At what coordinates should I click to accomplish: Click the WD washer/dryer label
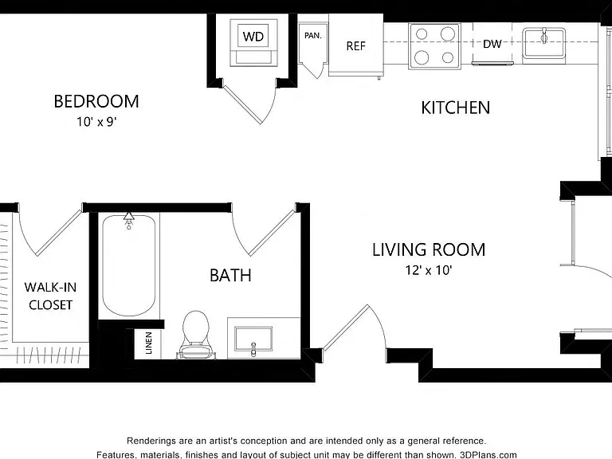pos(253,37)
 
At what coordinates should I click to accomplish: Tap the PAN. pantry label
pos(313,36)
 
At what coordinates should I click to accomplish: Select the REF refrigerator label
pos(355,46)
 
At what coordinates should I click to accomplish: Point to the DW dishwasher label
pos(492,44)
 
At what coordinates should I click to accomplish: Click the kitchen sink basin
pos(544,43)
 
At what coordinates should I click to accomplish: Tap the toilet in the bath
pos(195,334)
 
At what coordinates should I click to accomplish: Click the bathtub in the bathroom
pos(129,265)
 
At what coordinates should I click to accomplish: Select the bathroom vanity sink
pos(253,339)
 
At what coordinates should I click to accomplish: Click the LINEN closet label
pos(149,343)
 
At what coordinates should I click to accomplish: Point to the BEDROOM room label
pos(96,101)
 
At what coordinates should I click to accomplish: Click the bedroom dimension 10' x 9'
pos(96,122)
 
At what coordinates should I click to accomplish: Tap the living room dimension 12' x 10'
pos(429,270)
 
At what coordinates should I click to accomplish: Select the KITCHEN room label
pos(456,108)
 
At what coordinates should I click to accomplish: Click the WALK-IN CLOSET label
pos(50,296)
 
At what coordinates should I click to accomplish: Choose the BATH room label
pos(230,276)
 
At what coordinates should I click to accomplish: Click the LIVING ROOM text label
pos(429,249)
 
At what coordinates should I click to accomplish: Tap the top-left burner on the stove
pos(422,34)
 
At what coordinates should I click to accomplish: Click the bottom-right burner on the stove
pos(448,57)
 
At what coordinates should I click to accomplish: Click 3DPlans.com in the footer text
pos(488,455)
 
